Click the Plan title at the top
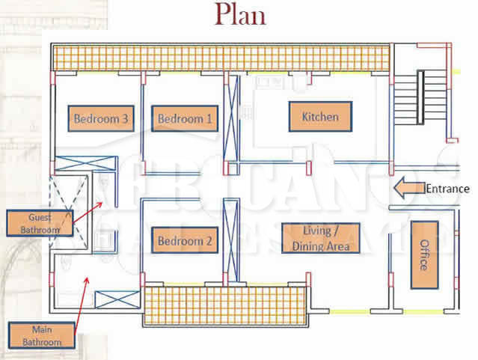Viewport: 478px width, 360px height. point(239,14)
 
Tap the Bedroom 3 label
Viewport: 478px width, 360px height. point(102,118)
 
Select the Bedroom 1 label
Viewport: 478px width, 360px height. point(185,118)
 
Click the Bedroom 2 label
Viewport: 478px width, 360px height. point(185,242)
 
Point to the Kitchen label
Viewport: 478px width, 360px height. point(320,117)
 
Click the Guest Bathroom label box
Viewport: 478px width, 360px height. point(33,223)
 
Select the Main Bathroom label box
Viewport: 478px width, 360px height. point(42,334)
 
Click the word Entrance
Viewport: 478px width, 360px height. point(447,189)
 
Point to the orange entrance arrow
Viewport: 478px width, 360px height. point(408,189)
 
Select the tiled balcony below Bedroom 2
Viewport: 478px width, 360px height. point(225,306)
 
